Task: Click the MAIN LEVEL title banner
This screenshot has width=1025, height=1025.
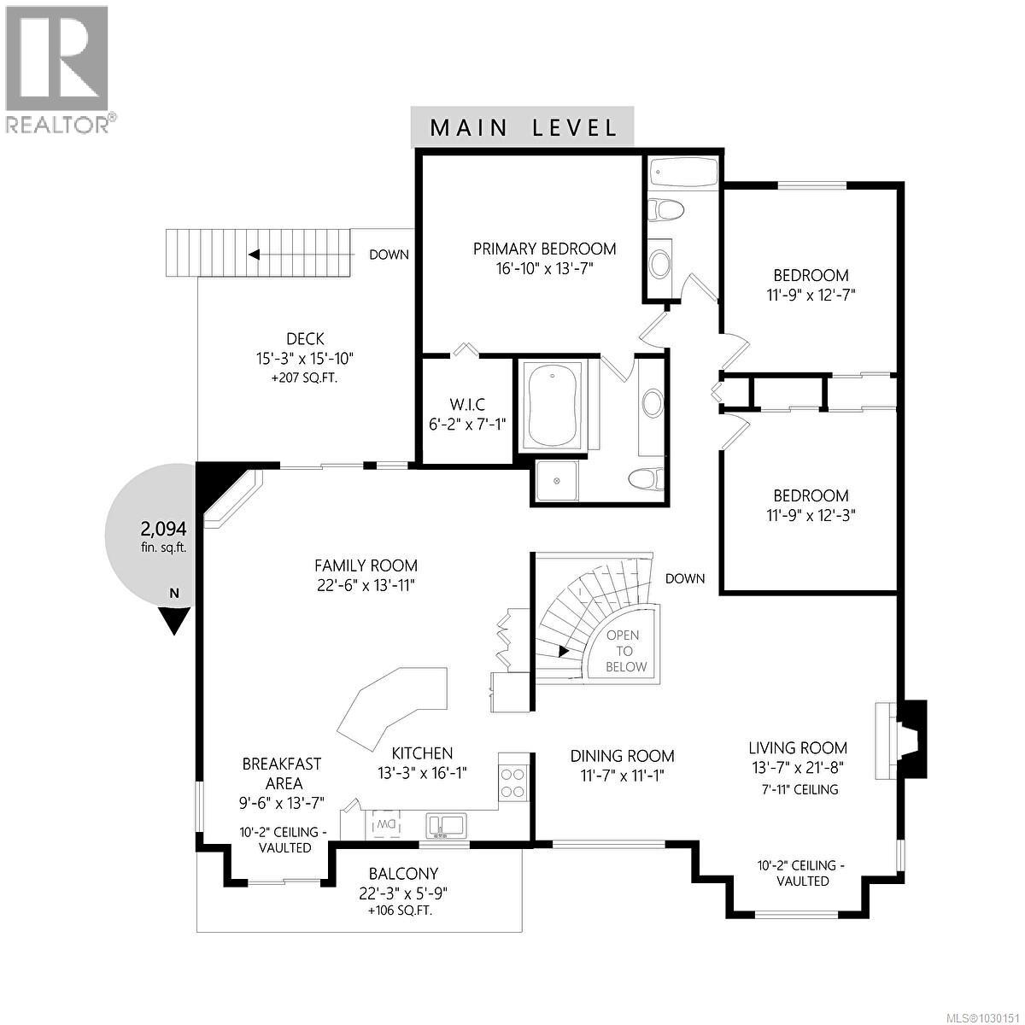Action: pyautogui.click(x=522, y=128)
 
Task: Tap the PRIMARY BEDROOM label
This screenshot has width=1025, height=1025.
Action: pyautogui.click(x=545, y=249)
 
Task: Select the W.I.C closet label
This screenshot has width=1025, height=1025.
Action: pyautogui.click(x=467, y=404)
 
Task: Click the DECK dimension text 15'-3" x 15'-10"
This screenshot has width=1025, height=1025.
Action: pyautogui.click(x=305, y=358)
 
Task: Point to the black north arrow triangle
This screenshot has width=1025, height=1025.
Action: pyautogui.click(x=174, y=620)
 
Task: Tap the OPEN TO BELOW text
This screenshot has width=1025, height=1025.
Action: pyautogui.click(x=626, y=651)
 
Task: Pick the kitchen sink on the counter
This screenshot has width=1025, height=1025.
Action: pyautogui.click(x=447, y=825)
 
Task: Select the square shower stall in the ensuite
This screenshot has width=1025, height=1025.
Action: pyautogui.click(x=557, y=481)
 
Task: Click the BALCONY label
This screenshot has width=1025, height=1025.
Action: pyautogui.click(x=403, y=874)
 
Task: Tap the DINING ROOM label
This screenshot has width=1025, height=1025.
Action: pyautogui.click(x=622, y=756)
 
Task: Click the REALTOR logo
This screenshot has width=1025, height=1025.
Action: pyautogui.click(x=58, y=69)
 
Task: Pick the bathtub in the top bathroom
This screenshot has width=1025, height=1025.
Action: pyautogui.click(x=683, y=174)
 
